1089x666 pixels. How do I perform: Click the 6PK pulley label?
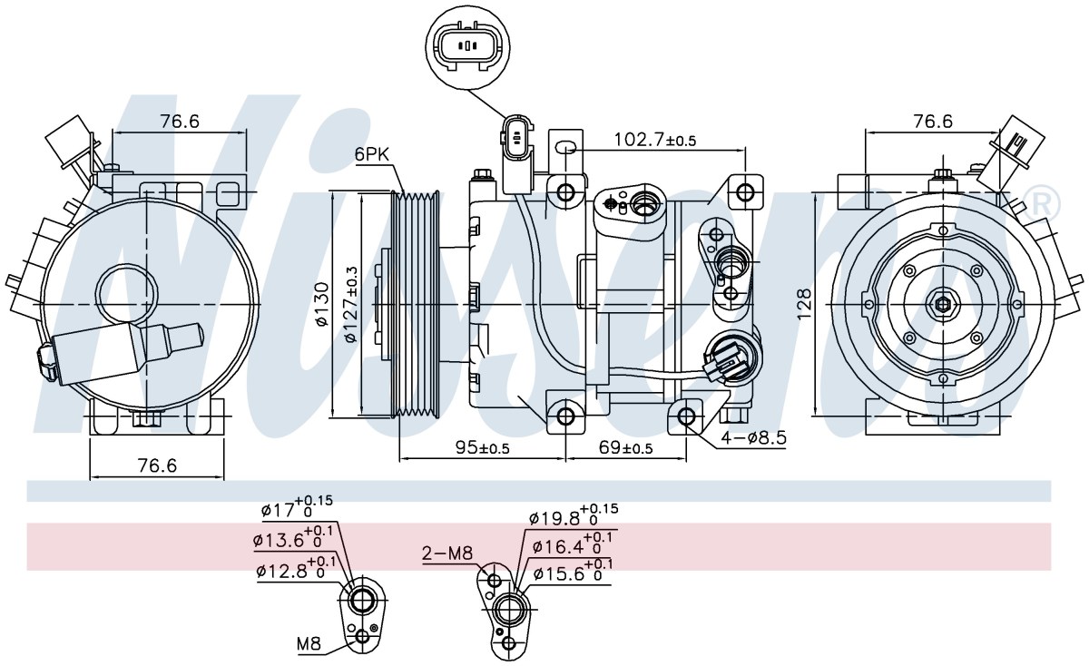372,154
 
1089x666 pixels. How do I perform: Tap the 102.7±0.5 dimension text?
655,140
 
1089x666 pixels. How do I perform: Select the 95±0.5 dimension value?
482,447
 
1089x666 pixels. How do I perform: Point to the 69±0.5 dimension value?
625,447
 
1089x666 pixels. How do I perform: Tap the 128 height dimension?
804,304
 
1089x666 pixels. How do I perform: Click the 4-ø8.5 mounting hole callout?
753,438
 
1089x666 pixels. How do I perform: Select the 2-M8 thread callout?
447,553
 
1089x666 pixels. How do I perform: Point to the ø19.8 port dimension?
574,517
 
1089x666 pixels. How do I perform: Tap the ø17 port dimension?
297,507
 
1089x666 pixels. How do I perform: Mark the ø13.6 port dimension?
292,537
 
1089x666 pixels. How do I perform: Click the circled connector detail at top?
467,46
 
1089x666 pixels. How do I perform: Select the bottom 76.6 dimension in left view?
158,465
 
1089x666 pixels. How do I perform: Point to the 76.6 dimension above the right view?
933,121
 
